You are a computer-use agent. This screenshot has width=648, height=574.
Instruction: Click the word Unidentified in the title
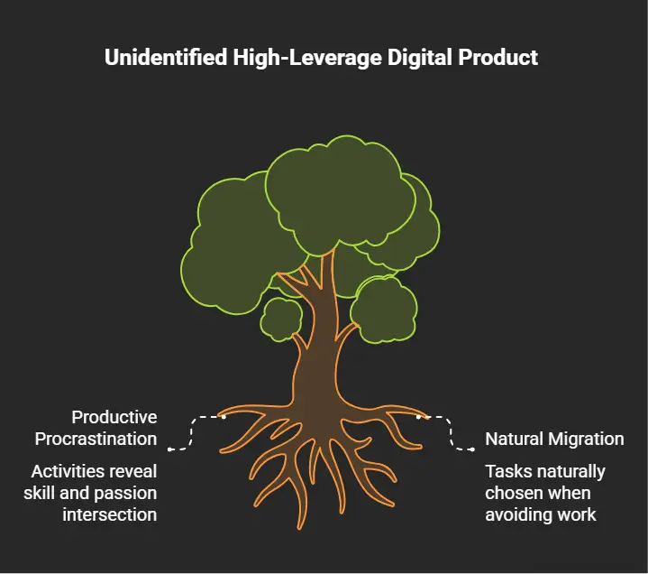click(x=166, y=57)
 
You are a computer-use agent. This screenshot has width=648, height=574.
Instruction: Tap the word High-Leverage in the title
click(x=307, y=58)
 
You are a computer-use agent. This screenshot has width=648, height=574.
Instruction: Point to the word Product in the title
click(x=498, y=57)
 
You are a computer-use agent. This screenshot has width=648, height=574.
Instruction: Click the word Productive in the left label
click(x=114, y=417)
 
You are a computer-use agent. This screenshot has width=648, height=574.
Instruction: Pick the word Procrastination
click(x=96, y=439)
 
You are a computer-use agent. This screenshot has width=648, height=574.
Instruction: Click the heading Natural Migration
click(x=554, y=439)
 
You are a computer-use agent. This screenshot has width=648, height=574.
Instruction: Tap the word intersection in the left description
click(x=110, y=514)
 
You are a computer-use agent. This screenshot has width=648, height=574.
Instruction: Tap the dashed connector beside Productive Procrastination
click(x=192, y=432)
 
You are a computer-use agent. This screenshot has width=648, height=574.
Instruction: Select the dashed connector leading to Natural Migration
click(x=451, y=432)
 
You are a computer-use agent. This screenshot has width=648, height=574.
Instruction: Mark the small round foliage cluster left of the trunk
click(x=281, y=319)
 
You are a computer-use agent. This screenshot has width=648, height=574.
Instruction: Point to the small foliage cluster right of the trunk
click(x=384, y=310)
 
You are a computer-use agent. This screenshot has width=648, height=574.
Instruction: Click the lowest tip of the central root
click(x=299, y=529)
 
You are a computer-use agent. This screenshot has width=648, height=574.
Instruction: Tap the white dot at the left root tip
click(x=224, y=417)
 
